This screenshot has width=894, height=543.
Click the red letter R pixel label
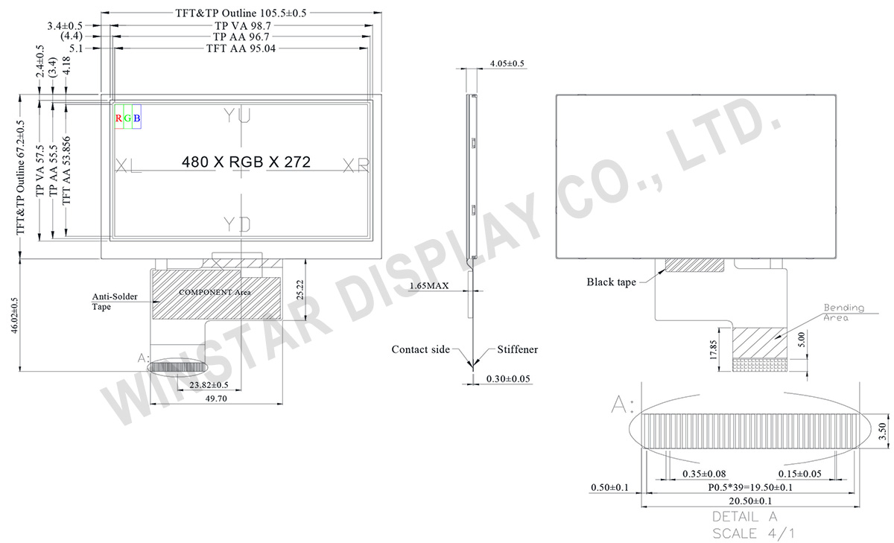pos(118,118)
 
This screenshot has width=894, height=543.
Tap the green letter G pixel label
pos(127,118)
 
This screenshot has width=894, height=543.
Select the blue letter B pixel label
pos(136,118)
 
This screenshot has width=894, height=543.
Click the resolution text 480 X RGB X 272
pos(246,162)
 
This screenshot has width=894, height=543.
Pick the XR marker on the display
pos(356,165)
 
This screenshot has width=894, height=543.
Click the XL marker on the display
pos(129,165)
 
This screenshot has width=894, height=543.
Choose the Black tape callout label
pos(611,282)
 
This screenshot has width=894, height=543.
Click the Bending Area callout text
pos(843,312)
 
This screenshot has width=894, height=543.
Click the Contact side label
pos(421,349)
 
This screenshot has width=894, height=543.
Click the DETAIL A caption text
pos(745,516)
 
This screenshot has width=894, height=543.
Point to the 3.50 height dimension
pos(882,431)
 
